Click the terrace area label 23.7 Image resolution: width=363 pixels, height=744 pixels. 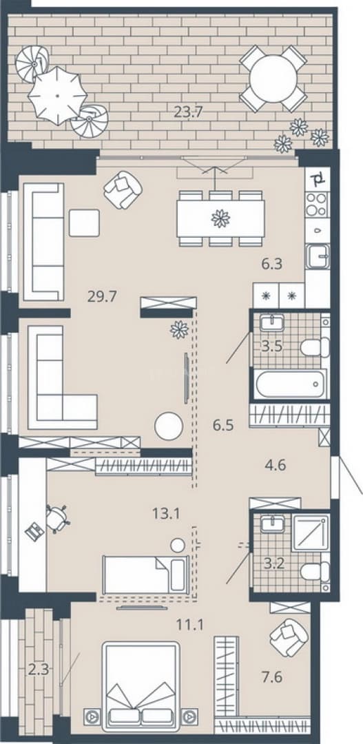click(188, 112)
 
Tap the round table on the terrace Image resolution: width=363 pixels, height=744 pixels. click(273, 79)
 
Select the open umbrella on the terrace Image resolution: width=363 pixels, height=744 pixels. click(57, 95)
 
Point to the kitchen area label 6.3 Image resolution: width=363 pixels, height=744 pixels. click(271, 263)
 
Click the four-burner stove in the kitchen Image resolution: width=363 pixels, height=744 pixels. click(317, 205)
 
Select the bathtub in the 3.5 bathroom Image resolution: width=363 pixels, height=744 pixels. click(291, 384)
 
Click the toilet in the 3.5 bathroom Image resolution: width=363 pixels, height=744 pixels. click(315, 347)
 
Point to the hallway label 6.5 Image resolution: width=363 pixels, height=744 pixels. click(223, 424)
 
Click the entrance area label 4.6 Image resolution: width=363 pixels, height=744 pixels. click(276, 465)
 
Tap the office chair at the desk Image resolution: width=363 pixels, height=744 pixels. click(57, 519)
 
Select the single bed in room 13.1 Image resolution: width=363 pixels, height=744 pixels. click(145, 575)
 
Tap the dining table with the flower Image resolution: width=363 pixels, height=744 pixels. click(220, 218)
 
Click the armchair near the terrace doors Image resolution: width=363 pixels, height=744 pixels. click(123, 190)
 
